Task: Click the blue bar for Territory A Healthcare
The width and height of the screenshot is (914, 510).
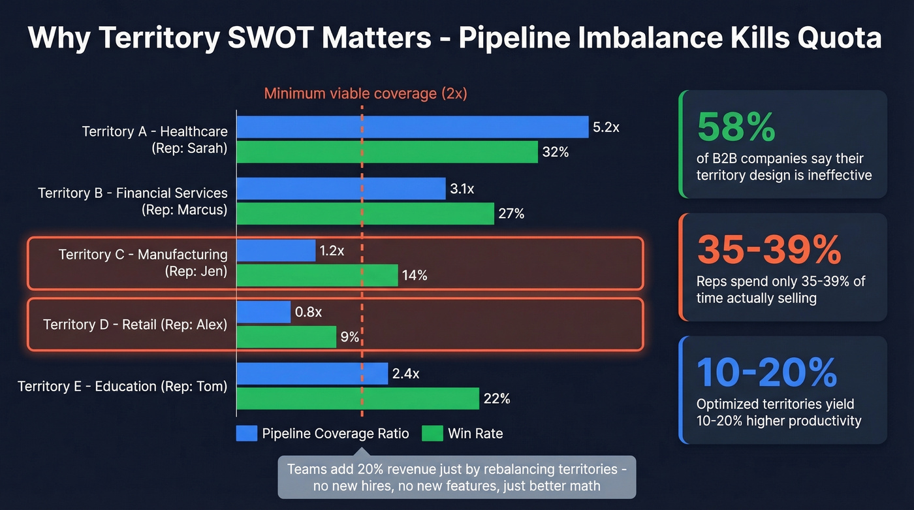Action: pos(412,127)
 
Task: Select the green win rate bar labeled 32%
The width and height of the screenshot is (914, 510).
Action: pos(386,152)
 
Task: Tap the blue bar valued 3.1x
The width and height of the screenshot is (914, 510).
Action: pos(340,189)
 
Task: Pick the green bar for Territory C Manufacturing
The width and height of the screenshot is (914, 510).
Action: pos(317,275)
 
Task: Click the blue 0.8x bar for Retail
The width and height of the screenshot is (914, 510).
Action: pos(263,312)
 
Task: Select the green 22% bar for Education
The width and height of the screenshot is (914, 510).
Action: pos(357,398)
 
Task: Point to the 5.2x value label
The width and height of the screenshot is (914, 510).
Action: pos(606,127)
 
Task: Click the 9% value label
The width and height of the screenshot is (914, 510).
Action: pos(350,337)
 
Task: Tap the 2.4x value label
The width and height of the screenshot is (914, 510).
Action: pos(405,374)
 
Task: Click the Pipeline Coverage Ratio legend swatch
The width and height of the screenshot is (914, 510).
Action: pos(247,434)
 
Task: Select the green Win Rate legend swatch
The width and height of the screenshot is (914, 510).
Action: pos(432,434)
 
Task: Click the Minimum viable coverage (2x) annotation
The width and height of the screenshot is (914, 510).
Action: pos(365,93)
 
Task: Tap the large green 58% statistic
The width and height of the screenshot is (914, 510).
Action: pos(736,127)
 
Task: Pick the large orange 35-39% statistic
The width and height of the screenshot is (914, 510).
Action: pos(769,249)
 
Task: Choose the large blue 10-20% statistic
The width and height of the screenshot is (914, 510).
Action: pos(766,372)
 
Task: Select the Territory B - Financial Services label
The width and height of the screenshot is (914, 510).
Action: pos(133,193)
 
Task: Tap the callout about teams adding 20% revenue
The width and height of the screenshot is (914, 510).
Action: pos(456,477)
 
